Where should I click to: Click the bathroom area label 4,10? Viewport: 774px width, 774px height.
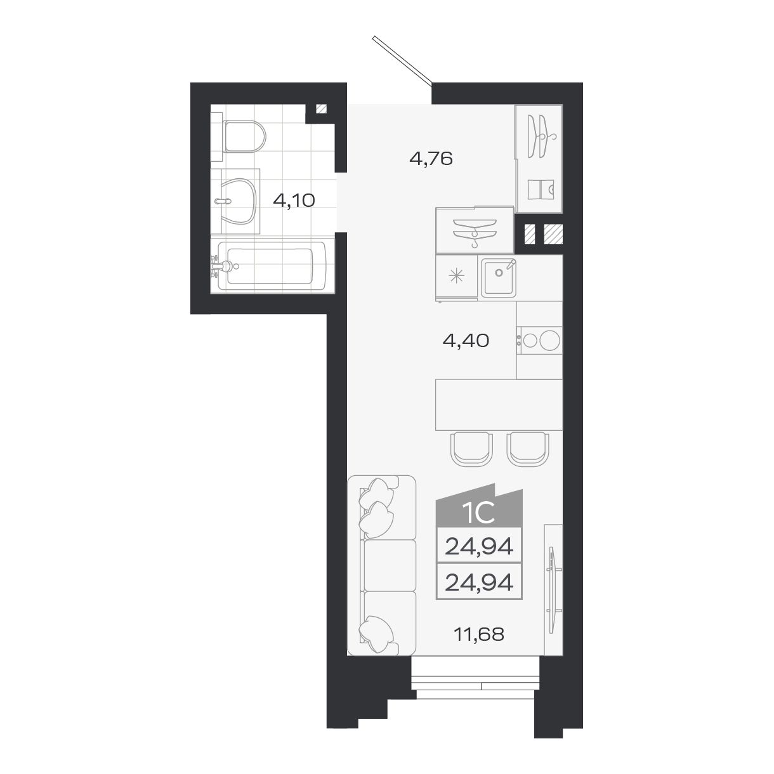click(x=294, y=201)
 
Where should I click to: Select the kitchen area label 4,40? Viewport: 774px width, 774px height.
click(x=466, y=341)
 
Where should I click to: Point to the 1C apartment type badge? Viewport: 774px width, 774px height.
click(x=480, y=511)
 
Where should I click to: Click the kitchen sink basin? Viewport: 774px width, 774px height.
click(x=499, y=277)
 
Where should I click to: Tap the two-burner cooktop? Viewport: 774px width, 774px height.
click(x=539, y=340)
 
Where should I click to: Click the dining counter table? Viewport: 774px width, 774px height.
click(x=499, y=404)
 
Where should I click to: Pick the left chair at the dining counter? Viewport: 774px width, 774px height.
click(x=471, y=449)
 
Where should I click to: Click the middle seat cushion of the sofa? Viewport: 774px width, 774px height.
click(x=388, y=565)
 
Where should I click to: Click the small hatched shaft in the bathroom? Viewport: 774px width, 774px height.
click(x=321, y=108)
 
